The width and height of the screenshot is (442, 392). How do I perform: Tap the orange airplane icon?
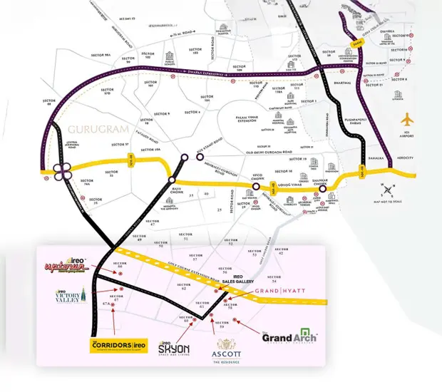pos(407,118)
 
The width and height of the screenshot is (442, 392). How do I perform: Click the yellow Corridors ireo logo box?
pos(118,346)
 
